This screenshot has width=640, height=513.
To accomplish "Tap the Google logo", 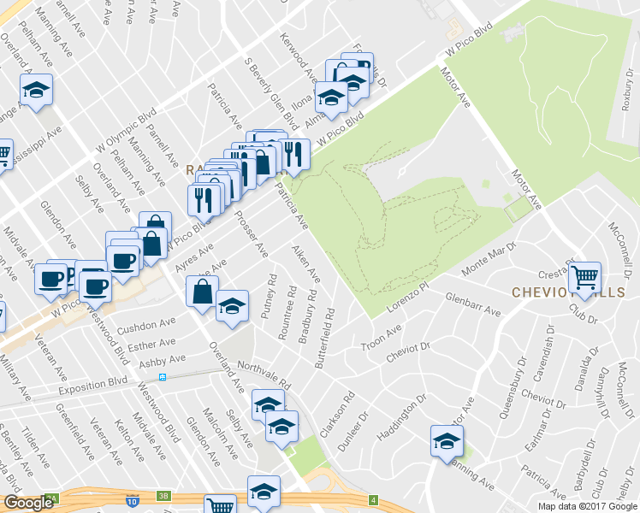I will pyautogui.click(x=29, y=502).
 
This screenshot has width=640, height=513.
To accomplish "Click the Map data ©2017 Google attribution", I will pyautogui.click(x=587, y=506).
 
